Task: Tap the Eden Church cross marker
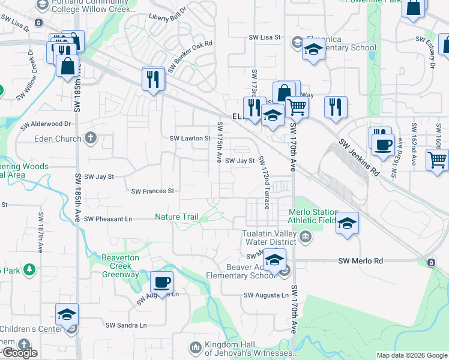point(91,139)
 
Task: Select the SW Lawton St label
point(190,138)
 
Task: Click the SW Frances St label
point(152,191)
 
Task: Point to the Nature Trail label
point(176,217)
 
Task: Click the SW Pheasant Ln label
point(108,219)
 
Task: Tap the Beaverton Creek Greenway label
point(114,266)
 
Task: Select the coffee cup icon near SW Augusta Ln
point(161,281)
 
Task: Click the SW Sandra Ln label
point(126,325)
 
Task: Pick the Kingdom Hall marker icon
point(195,347)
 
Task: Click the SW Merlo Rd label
point(360,261)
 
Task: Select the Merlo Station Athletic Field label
point(313,216)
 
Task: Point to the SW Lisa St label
point(265,37)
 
